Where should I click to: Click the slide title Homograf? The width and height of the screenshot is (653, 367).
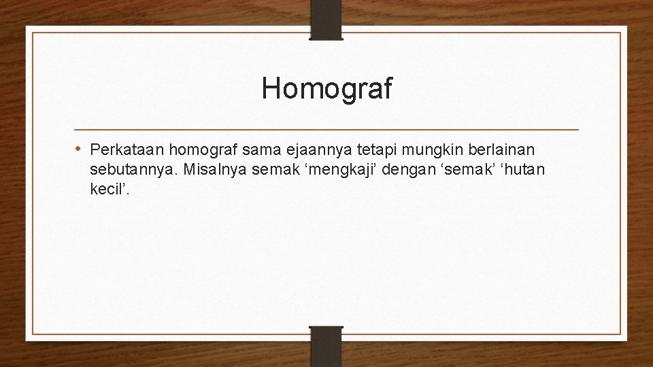[326, 89]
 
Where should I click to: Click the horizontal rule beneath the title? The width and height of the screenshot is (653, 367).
[326, 129]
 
